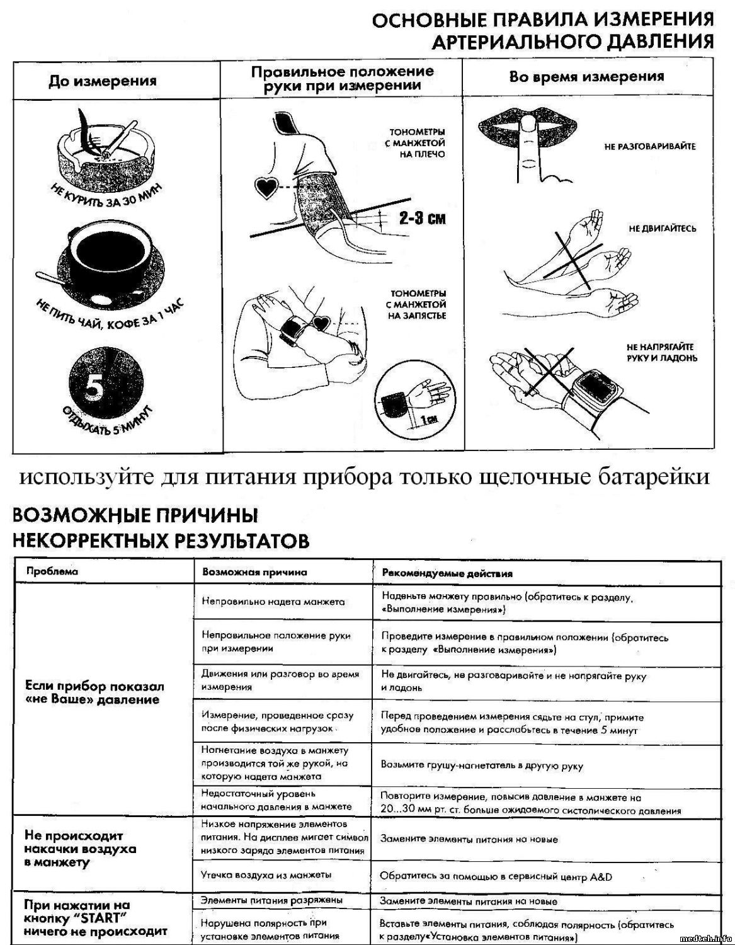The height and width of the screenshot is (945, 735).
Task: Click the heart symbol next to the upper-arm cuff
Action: click(265, 186)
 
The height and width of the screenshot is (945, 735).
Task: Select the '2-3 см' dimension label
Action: click(421, 219)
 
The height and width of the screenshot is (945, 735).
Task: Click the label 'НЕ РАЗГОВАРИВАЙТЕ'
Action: click(649, 146)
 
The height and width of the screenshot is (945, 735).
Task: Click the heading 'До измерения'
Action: click(103, 81)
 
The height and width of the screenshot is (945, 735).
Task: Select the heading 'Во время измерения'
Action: click(586, 77)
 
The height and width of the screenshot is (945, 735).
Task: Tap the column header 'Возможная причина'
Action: click(254, 573)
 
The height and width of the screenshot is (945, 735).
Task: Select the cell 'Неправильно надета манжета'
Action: click(273, 601)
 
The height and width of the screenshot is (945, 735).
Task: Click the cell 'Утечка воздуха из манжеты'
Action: click(266, 874)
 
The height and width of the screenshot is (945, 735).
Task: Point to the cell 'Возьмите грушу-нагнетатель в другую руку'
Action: click(482, 765)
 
